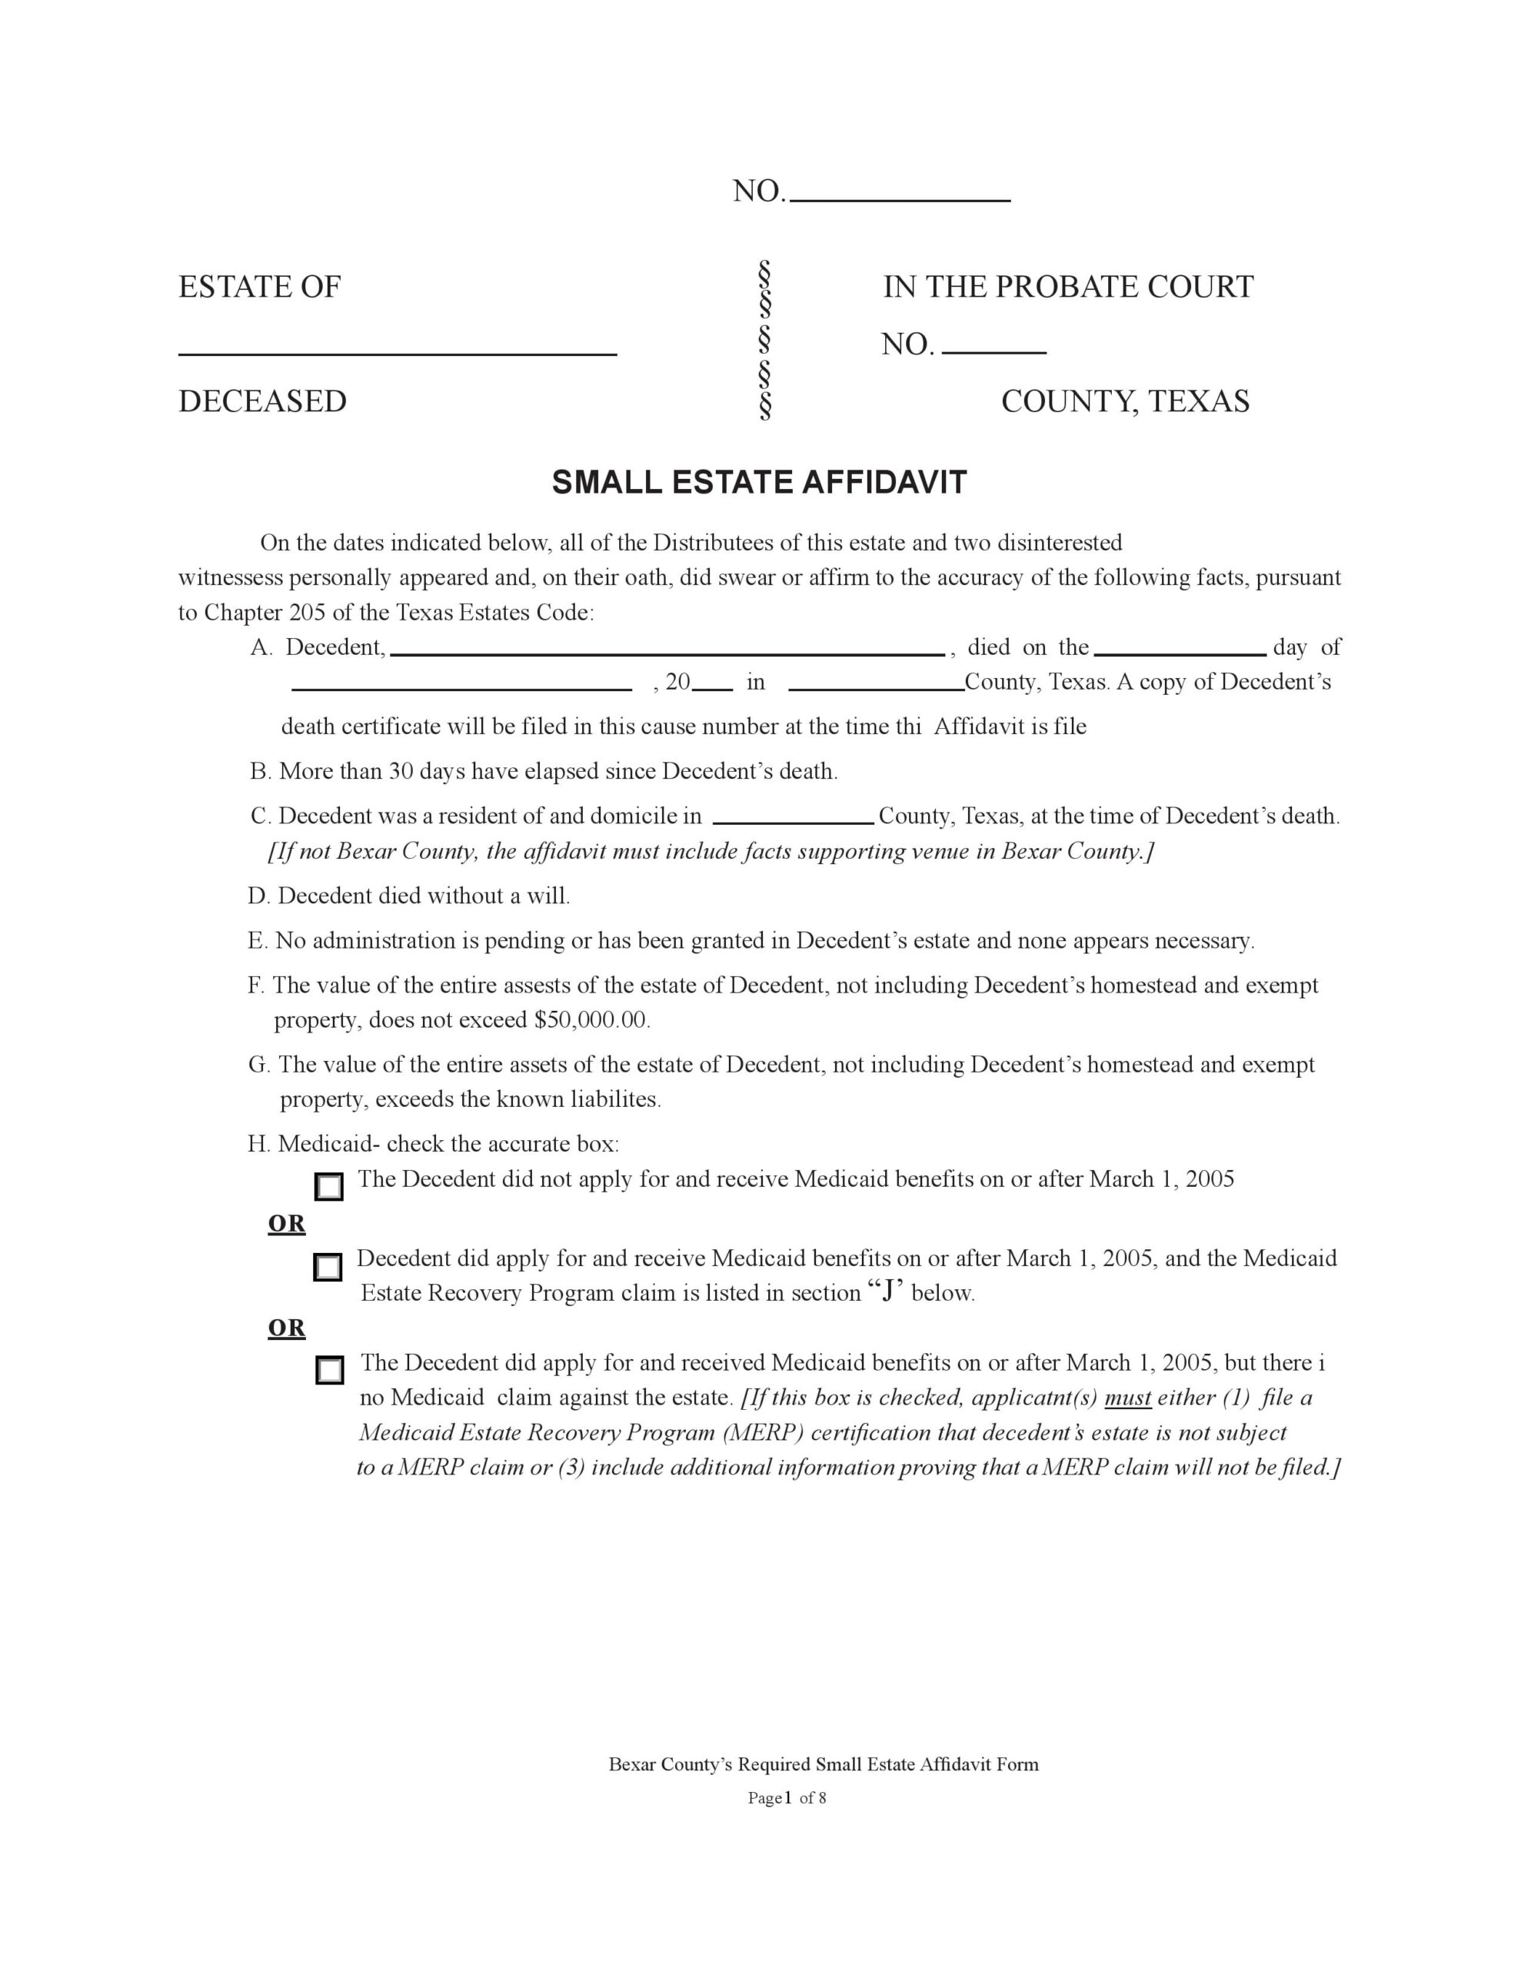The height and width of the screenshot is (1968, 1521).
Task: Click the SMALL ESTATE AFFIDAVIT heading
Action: coord(759,483)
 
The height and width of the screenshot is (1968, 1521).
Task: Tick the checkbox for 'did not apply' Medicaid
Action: coord(329,1187)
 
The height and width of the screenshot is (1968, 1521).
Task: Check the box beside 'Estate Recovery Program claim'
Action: coord(328,1267)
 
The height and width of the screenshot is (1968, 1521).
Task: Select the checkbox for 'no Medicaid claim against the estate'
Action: coord(330,1371)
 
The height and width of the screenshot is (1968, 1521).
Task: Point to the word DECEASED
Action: coord(262,402)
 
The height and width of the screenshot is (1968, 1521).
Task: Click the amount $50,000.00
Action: coord(591,1020)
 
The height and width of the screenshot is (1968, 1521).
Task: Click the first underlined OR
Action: coord(287,1224)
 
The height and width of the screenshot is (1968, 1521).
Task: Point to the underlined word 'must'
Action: coord(1127,1398)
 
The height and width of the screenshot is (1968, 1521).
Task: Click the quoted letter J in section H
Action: coord(888,1292)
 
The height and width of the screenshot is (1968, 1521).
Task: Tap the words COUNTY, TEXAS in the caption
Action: coord(1125,402)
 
